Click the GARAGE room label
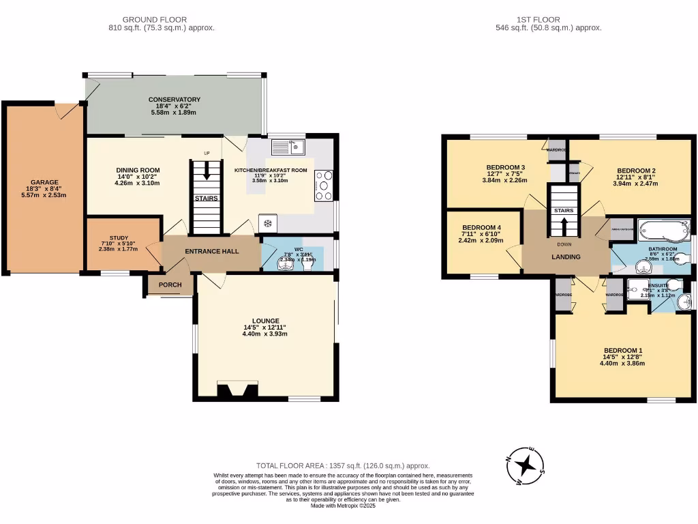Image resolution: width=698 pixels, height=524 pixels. point(44,182)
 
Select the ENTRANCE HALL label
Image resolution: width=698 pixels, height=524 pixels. point(211,251)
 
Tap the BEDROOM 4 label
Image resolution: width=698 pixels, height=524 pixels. point(481,228)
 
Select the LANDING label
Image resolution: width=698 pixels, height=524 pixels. point(566,257)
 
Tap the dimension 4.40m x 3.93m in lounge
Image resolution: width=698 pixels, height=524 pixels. point(266,334)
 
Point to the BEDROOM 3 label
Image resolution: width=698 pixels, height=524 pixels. point(505,168)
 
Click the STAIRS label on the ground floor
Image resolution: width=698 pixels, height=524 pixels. point(206,199)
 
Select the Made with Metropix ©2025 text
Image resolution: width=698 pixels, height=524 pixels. point(348,506)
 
